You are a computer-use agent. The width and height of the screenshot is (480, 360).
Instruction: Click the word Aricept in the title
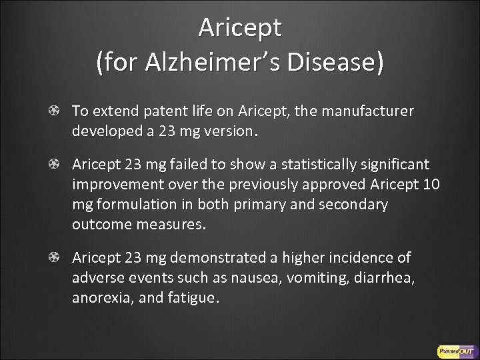240,27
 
